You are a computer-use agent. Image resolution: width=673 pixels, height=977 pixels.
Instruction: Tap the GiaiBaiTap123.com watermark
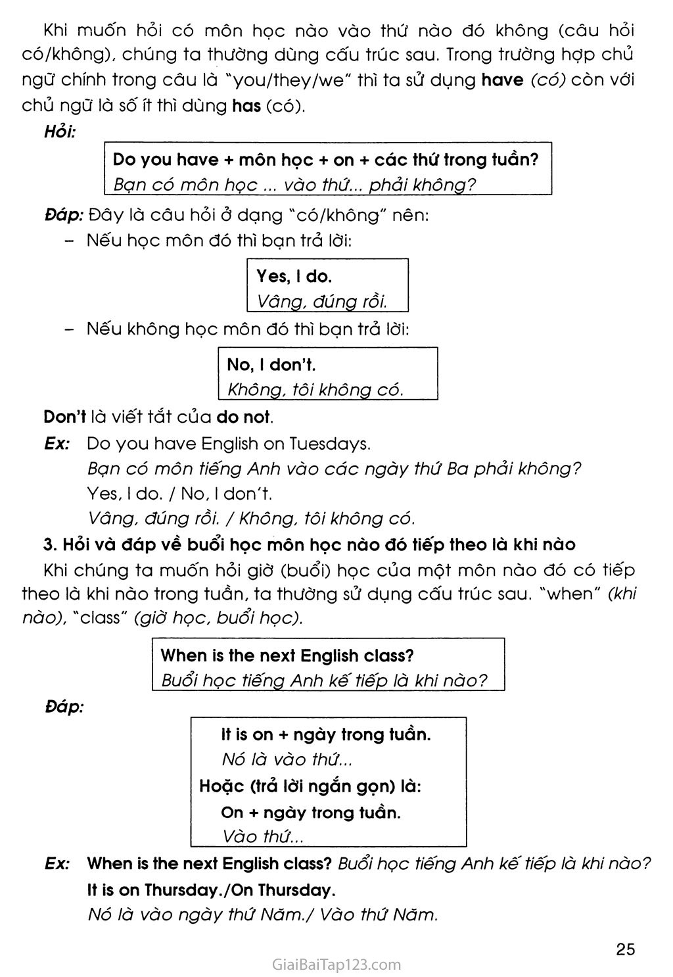pos(336,965)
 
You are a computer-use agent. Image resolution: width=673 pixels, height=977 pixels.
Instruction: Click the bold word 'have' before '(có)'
pos(502,80)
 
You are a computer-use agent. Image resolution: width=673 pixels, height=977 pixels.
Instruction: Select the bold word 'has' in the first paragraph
pos(246,105)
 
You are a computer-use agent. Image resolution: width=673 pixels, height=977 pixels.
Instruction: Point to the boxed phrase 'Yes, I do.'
pos(294,276)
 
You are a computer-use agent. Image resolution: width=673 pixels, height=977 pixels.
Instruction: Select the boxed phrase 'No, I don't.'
pos(271,364)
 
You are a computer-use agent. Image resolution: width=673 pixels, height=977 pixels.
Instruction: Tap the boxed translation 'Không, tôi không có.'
pos(315,389)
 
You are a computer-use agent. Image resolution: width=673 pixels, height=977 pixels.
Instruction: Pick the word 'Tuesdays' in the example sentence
pos(330,444)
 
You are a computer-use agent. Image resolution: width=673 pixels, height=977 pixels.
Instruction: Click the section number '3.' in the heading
pos(49,544)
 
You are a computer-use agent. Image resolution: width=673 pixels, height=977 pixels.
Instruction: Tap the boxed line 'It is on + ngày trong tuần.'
pos(326,734)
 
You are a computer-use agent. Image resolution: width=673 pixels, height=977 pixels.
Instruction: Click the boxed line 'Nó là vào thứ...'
pos(287,759)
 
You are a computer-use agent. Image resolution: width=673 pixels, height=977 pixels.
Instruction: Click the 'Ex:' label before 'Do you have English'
pos(57,444)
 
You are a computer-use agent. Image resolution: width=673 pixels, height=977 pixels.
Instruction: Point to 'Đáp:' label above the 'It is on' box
pos(64,707)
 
